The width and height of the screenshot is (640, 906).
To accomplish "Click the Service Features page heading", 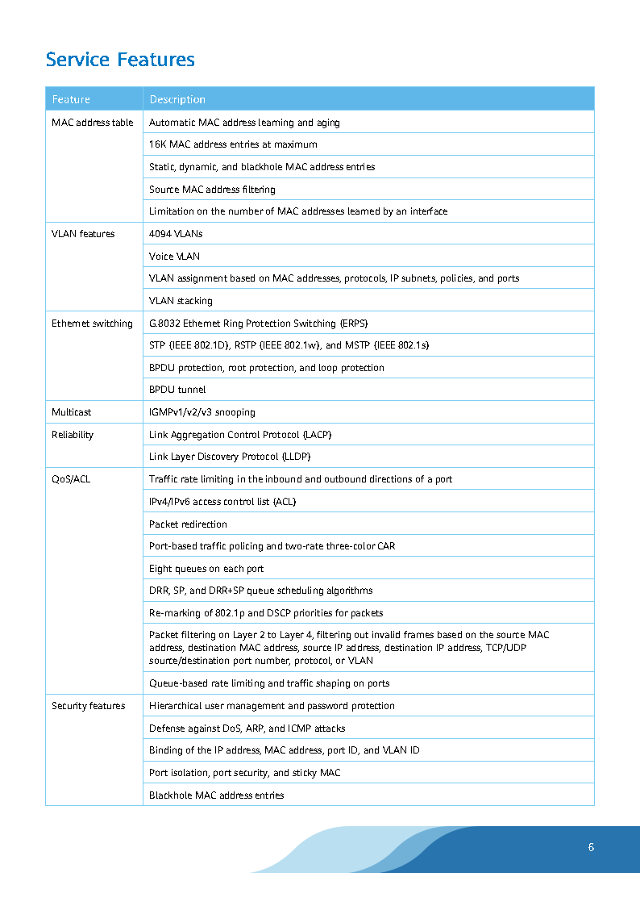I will point(120,60).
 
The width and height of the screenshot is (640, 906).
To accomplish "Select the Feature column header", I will point(71,99).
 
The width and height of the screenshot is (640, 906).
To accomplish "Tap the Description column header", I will point(177,99).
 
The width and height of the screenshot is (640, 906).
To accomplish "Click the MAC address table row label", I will point(93,123).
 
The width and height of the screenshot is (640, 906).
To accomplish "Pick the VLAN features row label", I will point(83,234).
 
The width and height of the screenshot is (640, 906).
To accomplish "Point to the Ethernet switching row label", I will point(92,324).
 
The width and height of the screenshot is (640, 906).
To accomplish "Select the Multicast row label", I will point(72,412).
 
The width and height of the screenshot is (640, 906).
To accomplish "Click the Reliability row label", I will point(73,435).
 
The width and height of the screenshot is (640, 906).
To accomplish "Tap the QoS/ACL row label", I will point(71,479).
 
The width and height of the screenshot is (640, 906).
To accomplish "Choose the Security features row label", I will point(89,706).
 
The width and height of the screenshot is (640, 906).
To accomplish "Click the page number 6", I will point(591,847).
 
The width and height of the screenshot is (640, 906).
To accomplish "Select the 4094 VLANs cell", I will point(176,234).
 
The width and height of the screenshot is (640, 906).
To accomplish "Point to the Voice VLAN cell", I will point(174,257).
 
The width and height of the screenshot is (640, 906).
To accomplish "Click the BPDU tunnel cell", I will point(177,390).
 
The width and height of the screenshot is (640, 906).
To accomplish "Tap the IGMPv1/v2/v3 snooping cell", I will point(202,412).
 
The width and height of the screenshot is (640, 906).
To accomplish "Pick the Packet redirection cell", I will point(188,524).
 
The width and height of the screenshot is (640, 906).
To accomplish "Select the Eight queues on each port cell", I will point(206,569).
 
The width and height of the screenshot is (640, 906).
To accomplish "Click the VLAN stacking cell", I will point(181,301).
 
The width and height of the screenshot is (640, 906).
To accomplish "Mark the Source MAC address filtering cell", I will point(212,190).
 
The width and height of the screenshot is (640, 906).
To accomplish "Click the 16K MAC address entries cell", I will point(233,144).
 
